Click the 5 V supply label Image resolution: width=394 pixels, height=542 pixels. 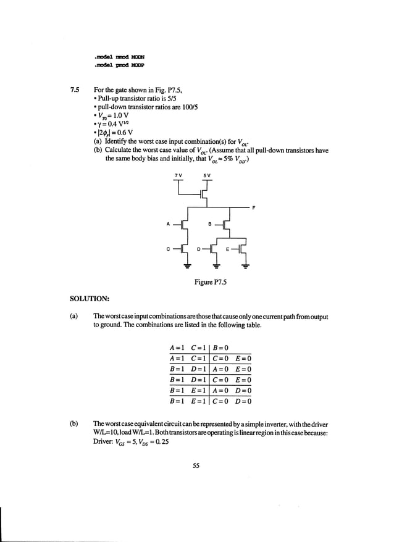pyautogui.click(x=207, y=175)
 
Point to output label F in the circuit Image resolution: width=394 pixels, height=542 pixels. pyautogui.click(x=254, y=208)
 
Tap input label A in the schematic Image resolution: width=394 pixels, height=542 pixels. pyautogui.click(x=168, y=224)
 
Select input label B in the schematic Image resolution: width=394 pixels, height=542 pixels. pyautogui.click(x=210, y=223)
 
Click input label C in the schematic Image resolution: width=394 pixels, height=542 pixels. pyautogui.click(x=168, y=249)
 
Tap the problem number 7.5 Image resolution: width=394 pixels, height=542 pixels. pyautogui.click(x=75, y=91)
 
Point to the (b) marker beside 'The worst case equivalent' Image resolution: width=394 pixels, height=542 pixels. pyautogui.click(x=74, y=424)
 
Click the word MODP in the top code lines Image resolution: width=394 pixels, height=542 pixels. pyautogui.click(x=137, y=64)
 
